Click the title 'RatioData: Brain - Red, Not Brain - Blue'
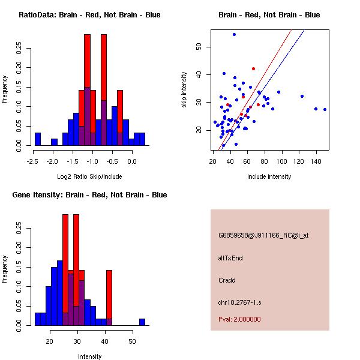89,15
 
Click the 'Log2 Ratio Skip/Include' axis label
89,177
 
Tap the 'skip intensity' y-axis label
184,90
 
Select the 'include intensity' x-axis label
269,177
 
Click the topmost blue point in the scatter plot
234,34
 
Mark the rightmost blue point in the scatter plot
325,109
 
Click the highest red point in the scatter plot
253,68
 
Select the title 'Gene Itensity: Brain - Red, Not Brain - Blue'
89,195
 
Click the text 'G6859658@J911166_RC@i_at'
263,236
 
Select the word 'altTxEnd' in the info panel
230,258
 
